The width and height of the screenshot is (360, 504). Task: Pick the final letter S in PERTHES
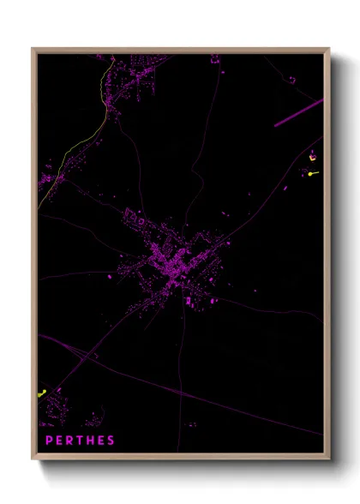pos(111,441)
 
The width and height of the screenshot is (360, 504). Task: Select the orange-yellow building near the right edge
pos(313,157)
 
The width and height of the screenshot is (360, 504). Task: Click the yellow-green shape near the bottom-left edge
pos(42,393)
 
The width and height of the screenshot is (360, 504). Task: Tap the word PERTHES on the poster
pos(81,441)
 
